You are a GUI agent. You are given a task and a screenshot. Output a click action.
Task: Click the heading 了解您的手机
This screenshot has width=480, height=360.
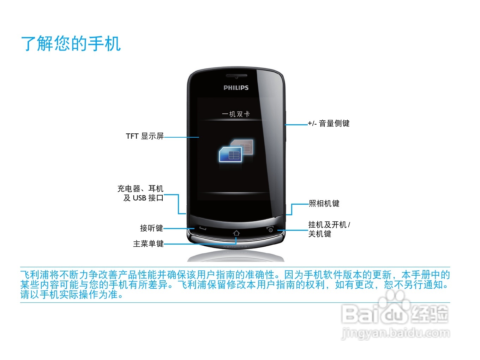(71, 44)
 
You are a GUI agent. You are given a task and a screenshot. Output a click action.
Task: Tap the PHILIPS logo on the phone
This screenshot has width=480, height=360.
(236, 88)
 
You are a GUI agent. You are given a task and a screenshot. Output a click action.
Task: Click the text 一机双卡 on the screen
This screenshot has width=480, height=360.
(236, 114)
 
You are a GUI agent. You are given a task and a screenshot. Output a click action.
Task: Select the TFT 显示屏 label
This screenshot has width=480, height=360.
(145, 136)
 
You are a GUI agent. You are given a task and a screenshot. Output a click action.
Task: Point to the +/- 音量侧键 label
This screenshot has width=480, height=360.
(329, 124)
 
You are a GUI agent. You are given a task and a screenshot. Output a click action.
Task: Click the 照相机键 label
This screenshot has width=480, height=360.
(324, 204)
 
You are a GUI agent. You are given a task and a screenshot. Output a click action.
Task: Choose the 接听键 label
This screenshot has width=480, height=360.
(151, 228)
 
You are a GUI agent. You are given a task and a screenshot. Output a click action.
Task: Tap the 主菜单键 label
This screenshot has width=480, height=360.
(148, 244)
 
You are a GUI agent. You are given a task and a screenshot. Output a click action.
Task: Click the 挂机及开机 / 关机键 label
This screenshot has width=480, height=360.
(329, 229)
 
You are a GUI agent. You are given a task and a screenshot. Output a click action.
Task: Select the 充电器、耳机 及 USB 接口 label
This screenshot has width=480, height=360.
(140, 193)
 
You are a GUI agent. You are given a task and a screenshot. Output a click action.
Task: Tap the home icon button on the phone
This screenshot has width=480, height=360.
(236, 233)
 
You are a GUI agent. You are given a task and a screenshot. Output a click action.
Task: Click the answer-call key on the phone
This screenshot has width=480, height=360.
(202, 228)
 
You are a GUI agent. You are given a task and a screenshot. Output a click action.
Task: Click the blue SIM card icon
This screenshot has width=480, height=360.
(230, 155)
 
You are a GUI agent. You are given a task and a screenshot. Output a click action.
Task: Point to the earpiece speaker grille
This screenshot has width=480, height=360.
(236, 76)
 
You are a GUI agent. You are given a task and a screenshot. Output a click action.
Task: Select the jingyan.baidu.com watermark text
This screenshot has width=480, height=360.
(396, 332)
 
